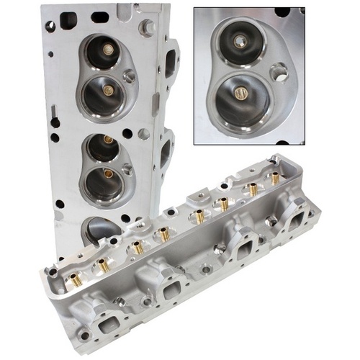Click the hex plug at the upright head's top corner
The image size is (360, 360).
coord(148,28)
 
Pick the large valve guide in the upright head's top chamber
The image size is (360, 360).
coord(109,90)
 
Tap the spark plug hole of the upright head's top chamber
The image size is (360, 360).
coord(130,76)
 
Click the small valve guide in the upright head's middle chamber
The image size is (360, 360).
coord(108,139)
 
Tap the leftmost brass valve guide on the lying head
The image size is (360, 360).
coord(74,279)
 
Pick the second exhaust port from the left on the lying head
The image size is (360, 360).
coord(171,287)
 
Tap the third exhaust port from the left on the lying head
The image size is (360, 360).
coord(242,247)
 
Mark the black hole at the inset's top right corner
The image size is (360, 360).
coord(282,12)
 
